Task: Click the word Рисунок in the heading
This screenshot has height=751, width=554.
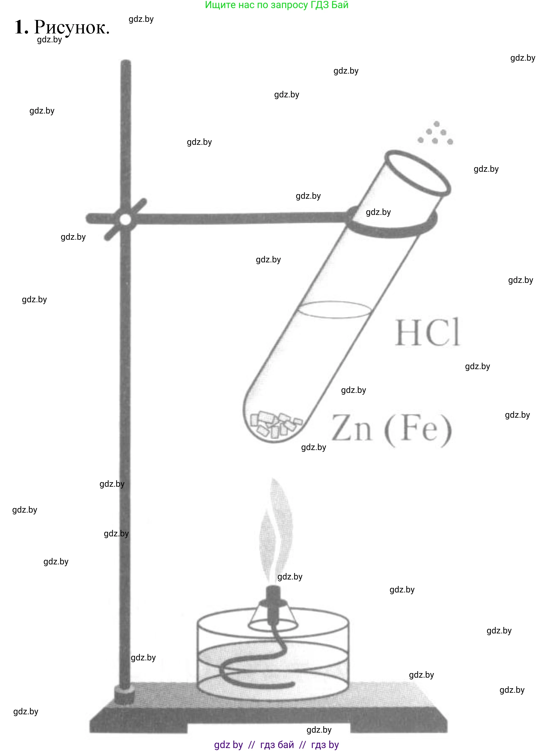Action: click(x=72, y=28)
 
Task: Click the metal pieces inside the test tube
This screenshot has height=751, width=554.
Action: click(x=276, y=424)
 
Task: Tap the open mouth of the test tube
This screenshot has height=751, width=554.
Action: click(x=418, y=173)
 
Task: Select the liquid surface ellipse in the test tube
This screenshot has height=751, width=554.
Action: click(x=334, y=309)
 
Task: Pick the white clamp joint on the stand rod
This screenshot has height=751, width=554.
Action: click(x=125, y=220)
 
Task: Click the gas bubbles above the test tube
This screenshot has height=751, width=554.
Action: click(x=435, y=133)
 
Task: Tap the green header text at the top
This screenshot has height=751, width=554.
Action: click(x=277, y=5)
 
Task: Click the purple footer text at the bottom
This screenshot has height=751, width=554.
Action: click(x=277, y=745)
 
